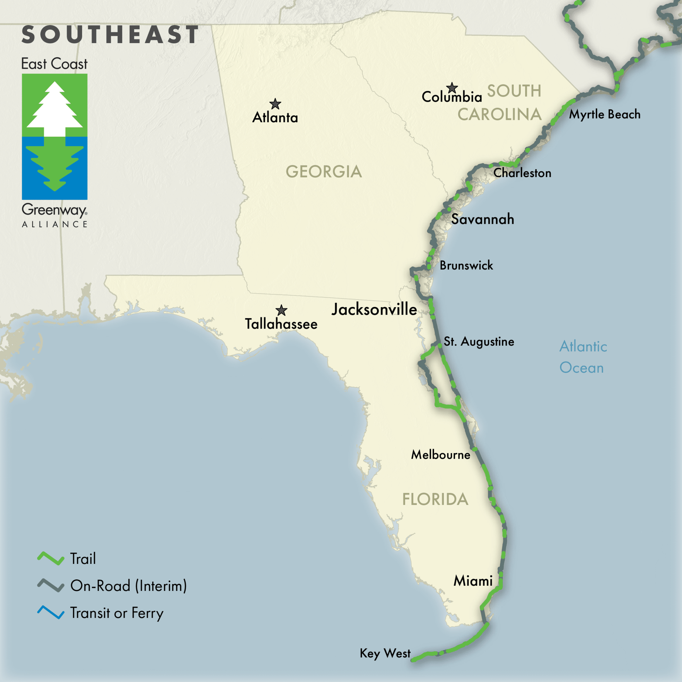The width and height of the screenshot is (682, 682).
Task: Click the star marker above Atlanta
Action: [x=275, y=104]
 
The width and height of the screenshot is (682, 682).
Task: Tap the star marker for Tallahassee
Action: [x=281, y=310]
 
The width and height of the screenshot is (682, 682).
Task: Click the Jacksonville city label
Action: [x=374, y=309]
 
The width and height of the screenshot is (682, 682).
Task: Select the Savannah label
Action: [x=483, y=219]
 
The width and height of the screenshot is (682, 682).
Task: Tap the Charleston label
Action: [x=522, y=173]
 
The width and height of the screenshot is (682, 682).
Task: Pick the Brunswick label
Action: [x=466, y=265]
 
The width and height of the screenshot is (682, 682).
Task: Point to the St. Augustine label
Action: [x=479, y=341]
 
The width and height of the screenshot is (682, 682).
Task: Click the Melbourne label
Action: [x=441, y=455]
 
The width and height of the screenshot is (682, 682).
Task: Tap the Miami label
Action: [x=473, y=581]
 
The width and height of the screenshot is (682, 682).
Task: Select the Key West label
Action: [x=385, y=653]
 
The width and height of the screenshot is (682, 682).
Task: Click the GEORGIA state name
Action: [x=324, y=171]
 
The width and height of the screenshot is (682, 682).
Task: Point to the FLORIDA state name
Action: [x=435, y=499]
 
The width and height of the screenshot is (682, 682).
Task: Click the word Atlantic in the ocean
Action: [x=583, y=346]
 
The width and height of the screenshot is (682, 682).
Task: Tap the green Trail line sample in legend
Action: [x=51, y=558]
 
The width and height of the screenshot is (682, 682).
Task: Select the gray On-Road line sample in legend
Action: [x=51, y=585]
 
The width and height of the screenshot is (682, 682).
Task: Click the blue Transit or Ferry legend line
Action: [x=51, y=613]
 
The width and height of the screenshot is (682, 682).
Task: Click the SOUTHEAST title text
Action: [x=110, y=35]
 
